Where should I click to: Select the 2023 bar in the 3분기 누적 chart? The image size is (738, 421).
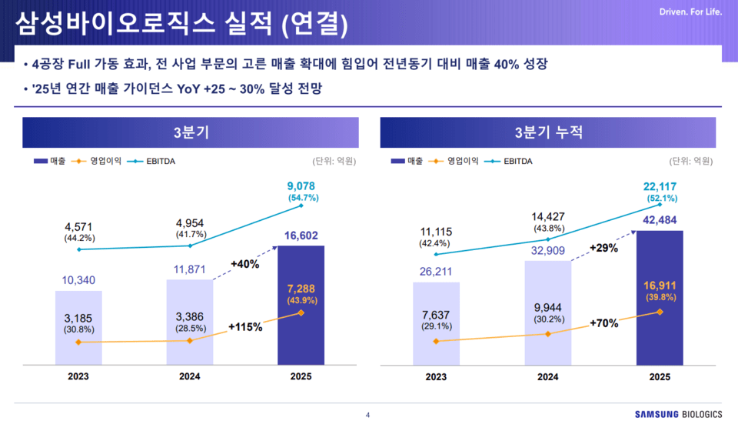(436, 323)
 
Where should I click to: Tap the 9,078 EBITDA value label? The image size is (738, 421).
(301, 185)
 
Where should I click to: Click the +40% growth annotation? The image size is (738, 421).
(244, 264)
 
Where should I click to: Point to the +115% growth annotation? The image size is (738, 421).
(245, 326)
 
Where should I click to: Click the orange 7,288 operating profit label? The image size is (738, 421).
(301, 288)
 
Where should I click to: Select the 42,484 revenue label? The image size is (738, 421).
(660, 220)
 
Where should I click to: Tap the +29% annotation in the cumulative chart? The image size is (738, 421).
(603, 248)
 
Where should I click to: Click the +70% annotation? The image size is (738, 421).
(603, 323)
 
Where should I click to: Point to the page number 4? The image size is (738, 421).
(367, 415)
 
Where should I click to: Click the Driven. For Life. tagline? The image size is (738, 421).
(690, 12)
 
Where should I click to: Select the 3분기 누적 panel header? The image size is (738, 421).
(548, 132)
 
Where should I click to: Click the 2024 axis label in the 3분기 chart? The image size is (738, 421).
(189, 376)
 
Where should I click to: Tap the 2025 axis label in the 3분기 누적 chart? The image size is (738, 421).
(660, 376)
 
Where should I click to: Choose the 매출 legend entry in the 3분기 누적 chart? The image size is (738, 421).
(407, 161)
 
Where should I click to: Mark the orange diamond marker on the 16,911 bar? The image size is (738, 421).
(660, 312)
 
